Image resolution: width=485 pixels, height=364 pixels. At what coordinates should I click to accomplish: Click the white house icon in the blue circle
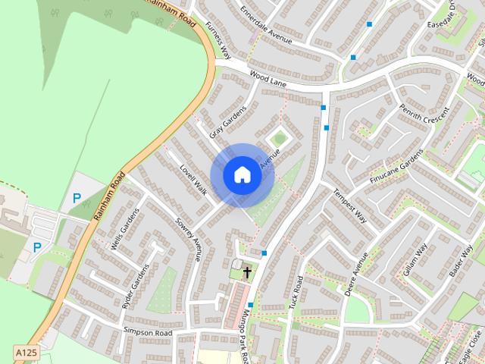click(242, 174)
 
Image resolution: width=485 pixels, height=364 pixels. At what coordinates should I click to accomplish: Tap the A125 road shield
click(26, 353)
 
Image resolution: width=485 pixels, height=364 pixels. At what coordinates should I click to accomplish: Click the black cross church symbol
click(247, 271)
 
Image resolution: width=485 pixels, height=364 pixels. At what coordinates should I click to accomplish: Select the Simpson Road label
click(148, 332)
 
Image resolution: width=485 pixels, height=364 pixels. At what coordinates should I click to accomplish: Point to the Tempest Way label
click(349, 206)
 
